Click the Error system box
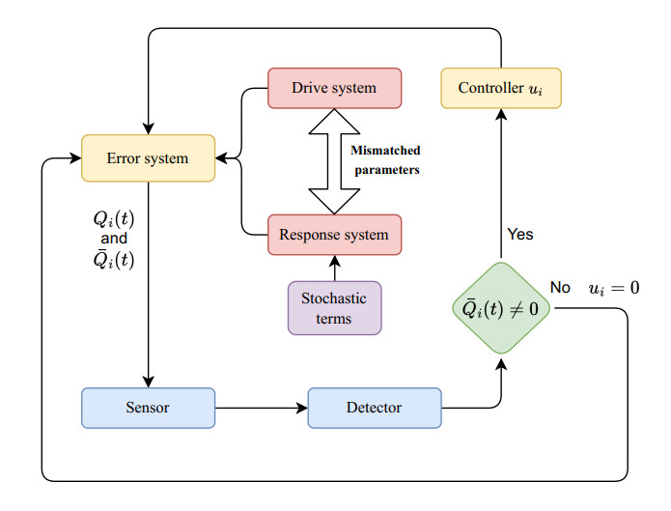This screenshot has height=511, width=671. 148,157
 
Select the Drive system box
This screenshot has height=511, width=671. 333,89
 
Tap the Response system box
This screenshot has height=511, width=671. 333,235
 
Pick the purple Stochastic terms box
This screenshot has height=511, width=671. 334,307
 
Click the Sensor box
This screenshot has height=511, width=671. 148,408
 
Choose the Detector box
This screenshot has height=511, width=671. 374,408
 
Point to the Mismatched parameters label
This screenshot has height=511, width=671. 385,159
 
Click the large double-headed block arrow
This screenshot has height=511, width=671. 333,161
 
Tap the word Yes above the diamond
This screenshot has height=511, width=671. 519,235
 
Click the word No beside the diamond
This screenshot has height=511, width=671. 560,287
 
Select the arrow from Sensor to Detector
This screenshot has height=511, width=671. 261,408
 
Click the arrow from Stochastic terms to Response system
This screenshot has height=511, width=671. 334,268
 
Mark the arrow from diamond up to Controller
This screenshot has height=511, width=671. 501,184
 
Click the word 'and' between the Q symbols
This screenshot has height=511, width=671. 114,238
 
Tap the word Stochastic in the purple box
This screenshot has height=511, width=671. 334,298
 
